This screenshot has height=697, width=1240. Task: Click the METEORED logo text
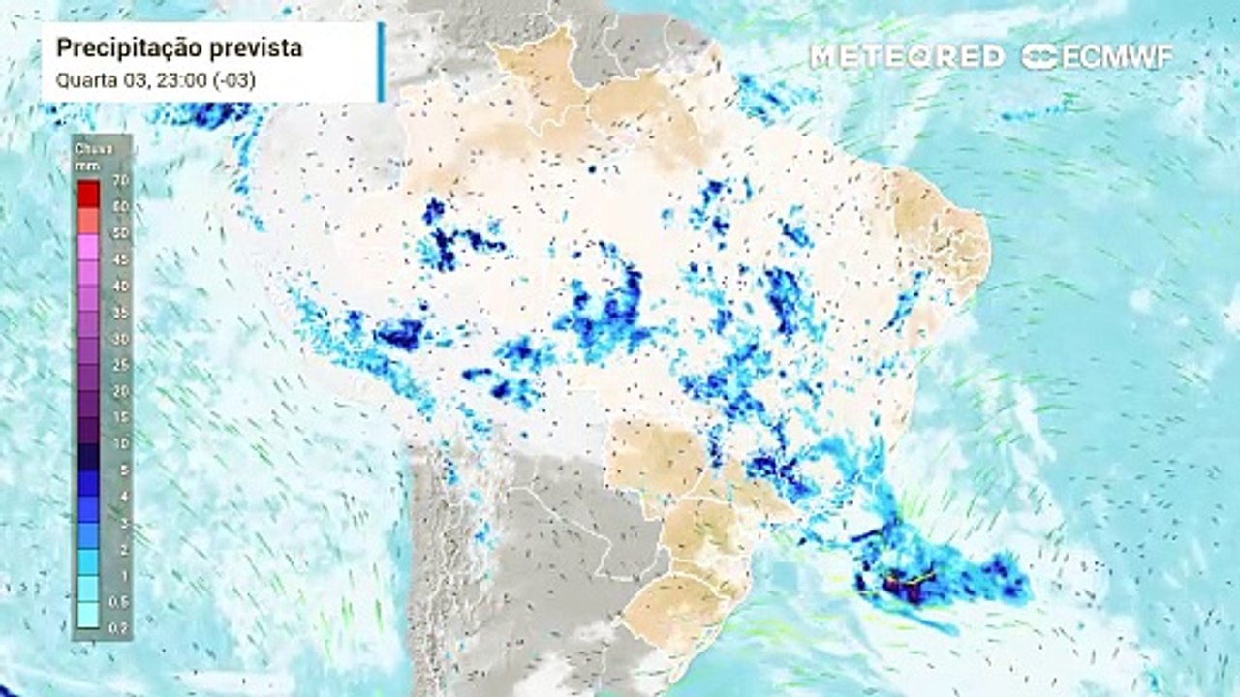907,56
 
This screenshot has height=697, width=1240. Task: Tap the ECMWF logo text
1117,56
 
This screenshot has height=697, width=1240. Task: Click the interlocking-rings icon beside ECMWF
1040,56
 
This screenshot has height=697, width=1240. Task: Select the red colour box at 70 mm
88,194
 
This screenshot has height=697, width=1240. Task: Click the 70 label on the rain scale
120,181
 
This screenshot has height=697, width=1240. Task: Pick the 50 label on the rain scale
120,233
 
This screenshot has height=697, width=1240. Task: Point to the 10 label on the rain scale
120,443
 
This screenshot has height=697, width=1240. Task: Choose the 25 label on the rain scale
120,365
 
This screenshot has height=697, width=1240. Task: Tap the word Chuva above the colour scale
92,149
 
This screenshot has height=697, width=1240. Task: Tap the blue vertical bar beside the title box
381,61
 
